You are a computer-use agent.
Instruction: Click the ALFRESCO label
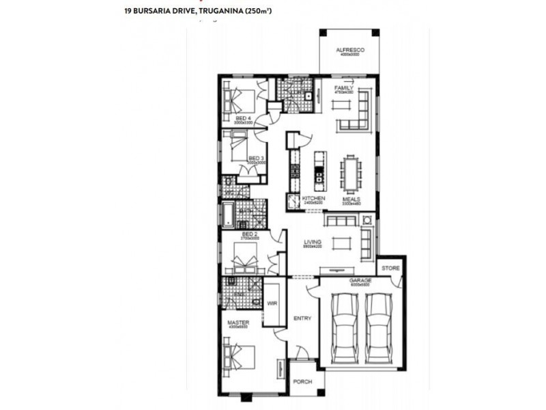click(x=350, y=51)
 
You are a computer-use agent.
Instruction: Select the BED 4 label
click(x=243, y=118)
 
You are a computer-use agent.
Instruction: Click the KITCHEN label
click(x=304, y=199)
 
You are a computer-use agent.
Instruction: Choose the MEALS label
click(x=351, y=199)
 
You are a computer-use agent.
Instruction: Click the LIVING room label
click(x=313, y=241)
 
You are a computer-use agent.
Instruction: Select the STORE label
click(x=390, y=268)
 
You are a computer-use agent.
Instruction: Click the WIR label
click(x=272, y=303)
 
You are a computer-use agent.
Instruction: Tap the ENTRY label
click(x=302, y=318)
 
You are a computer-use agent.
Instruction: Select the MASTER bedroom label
click(x=238, y=323)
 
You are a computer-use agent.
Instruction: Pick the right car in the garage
click(x=377, y=329)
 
